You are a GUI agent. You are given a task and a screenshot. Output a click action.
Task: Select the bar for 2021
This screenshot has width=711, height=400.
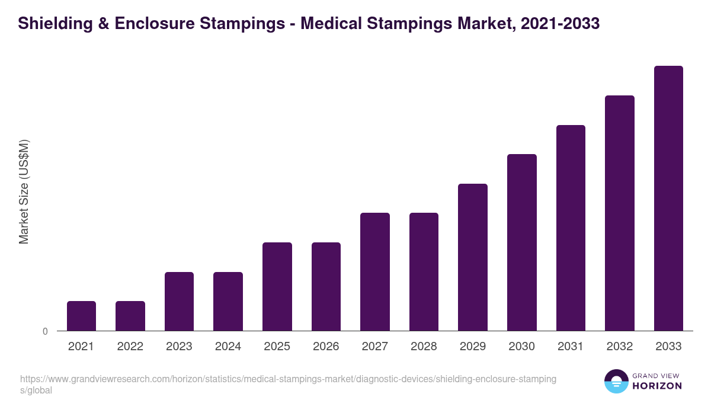pos(81,316)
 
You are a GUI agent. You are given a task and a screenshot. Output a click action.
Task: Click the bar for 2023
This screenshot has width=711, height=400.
pos(179,301)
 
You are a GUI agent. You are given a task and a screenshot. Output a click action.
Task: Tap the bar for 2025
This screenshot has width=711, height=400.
pos(277,286)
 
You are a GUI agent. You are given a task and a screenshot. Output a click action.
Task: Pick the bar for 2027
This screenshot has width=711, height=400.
pos(374,271)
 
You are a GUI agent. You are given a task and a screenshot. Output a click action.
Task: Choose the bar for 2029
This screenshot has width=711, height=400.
pos(472,257)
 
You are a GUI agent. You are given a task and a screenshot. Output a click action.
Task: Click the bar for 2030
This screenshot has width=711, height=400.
pos(521,242)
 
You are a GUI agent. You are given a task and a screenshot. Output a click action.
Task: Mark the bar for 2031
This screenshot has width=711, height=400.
pos(571,228)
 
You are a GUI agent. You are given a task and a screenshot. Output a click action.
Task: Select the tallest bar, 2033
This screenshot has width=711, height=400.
pos(668,198)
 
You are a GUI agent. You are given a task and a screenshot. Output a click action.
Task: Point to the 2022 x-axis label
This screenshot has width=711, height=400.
pos(130,347)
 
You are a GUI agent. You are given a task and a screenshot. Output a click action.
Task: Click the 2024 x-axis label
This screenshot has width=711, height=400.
pos(228,347)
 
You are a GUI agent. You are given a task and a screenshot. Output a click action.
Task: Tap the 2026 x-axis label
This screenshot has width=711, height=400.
pos(326,347)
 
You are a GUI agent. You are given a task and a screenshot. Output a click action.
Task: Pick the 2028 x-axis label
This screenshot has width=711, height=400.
pos(424,347)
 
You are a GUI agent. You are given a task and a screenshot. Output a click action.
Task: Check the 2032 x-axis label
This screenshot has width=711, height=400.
pos(619,347)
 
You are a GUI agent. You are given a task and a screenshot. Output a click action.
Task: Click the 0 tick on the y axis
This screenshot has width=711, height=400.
pos(45,332)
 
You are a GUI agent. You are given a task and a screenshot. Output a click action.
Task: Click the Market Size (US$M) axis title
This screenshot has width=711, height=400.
pos(24,192)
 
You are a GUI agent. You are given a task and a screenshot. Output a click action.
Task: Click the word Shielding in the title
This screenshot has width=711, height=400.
pos(50,24)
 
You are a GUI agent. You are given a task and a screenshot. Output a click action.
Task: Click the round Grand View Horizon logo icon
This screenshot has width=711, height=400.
pos(616,382)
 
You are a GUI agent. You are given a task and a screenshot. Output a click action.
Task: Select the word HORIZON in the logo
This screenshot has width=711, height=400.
pos(657,386)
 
